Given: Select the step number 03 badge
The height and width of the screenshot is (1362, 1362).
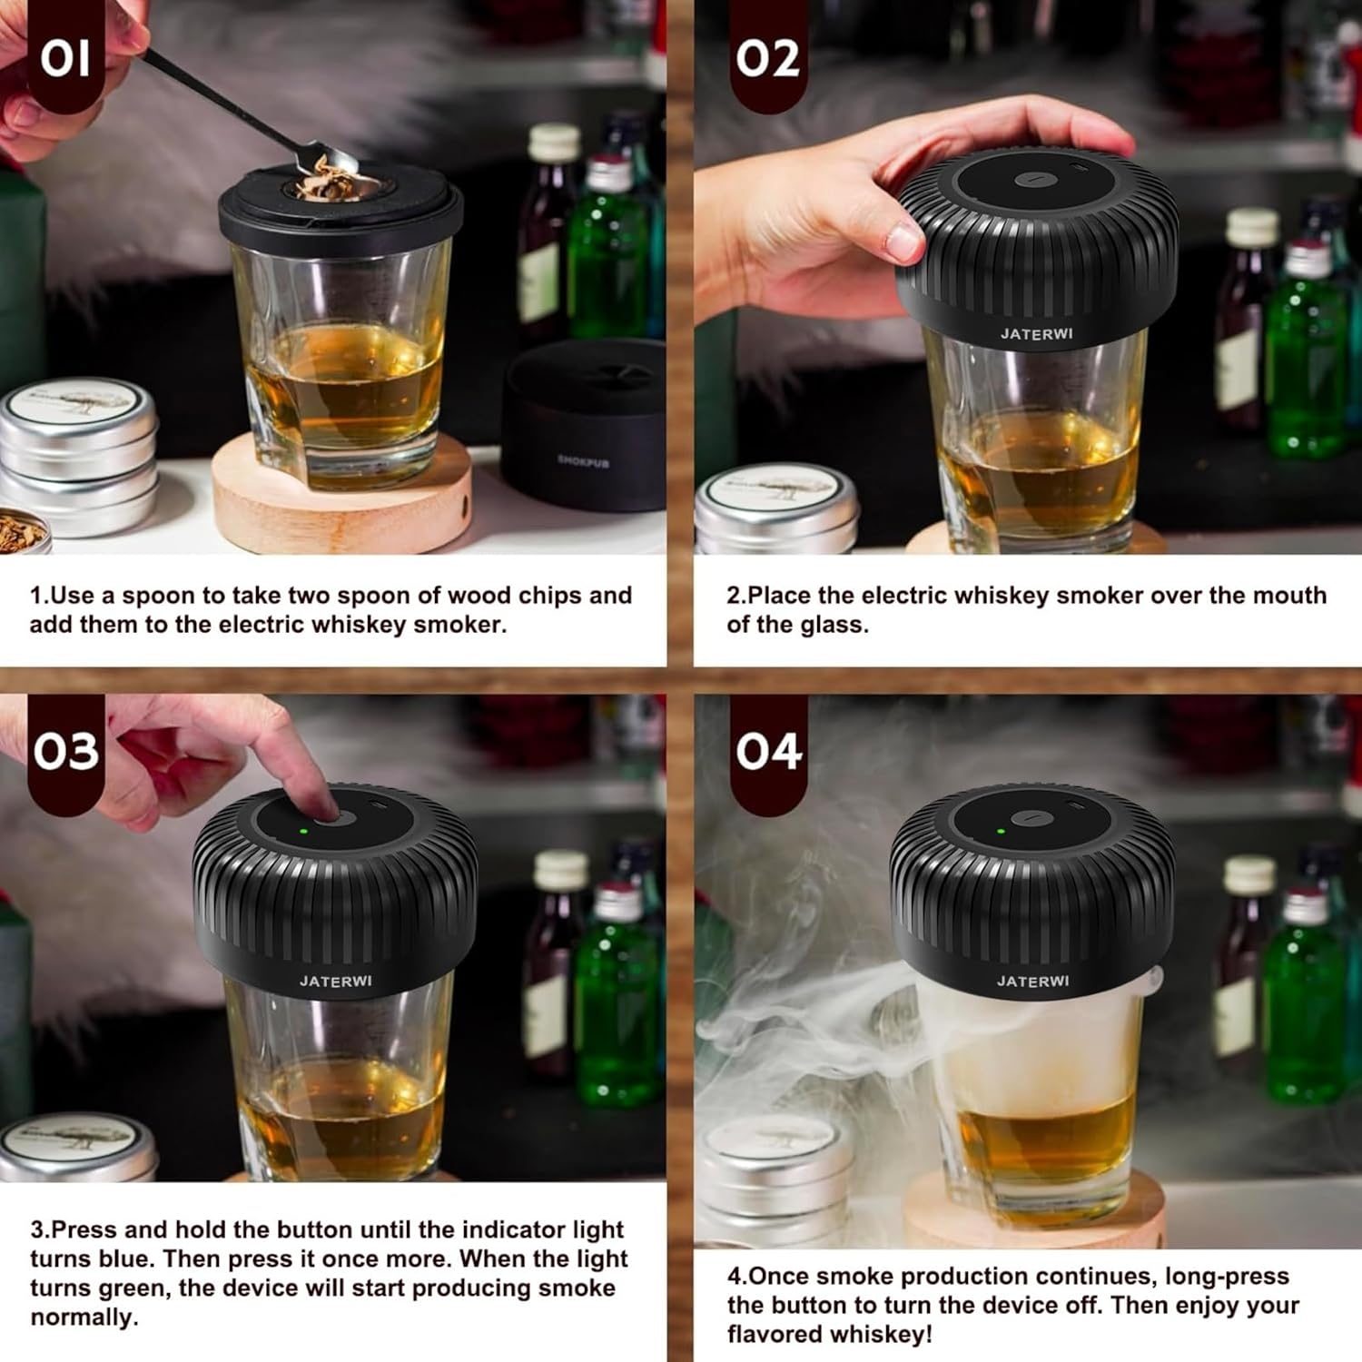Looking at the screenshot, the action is click(65, 752).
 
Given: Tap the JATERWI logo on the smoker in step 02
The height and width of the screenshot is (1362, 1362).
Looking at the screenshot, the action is click(1036, 333).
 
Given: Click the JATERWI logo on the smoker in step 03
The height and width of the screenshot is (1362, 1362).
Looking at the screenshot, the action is click(335, 981).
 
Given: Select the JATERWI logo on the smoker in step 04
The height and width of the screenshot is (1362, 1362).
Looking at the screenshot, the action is click(1032, 981).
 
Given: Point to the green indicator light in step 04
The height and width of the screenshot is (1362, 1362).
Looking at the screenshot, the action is click(1002, 830).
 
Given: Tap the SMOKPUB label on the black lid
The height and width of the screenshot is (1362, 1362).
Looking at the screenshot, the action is click(583, 461).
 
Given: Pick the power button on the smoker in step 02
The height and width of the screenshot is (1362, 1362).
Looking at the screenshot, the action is click(1031, 180).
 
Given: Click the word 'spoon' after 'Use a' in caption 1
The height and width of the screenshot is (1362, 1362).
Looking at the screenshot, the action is click(158, 597).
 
